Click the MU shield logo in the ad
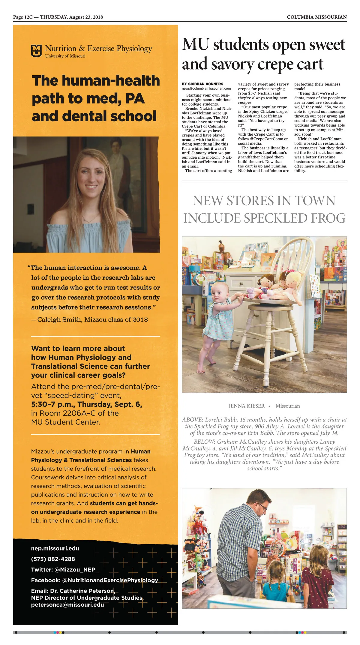tap(36, 51)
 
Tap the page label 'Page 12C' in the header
tap(23, 17)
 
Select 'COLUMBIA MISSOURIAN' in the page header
tap(316, 17)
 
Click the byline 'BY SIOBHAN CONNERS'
tap(202, 84)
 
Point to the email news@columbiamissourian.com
tap(206, 88)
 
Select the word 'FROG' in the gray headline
tap(328, 218)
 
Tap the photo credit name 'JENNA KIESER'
tap(246, 406)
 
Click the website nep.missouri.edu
tap(55, 548)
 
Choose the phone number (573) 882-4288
tap(53, 559)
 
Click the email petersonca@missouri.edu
tap(67, 604)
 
